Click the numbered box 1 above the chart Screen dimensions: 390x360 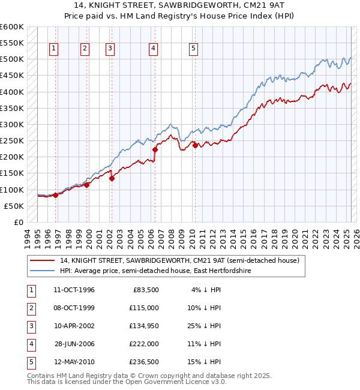click(54, 49)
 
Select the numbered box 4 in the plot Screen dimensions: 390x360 click(154, 49)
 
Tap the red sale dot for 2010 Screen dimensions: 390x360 click(195, 145)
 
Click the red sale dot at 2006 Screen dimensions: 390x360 click(155, 149)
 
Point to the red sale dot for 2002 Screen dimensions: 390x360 click(112, 178)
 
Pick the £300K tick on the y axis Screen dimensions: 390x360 click(12, 124)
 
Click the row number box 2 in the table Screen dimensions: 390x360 click(29, 308)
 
